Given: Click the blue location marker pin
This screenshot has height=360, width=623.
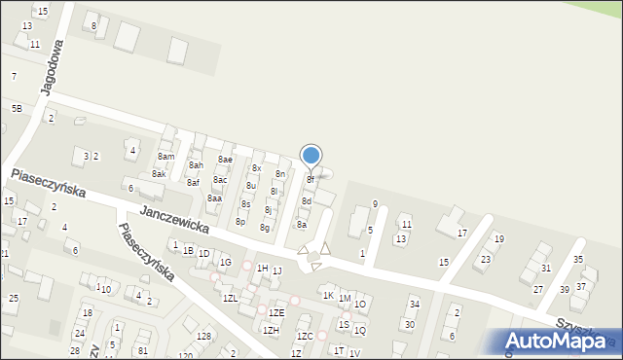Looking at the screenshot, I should (x=311, y=156).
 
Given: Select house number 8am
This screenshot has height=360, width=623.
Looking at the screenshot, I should (x=166, y=157).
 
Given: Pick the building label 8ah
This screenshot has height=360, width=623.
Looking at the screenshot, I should (x=196, y=165).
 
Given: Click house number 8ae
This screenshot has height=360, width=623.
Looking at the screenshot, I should (x=225, y=160).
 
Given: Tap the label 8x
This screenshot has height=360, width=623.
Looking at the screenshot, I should (x=257, y=168).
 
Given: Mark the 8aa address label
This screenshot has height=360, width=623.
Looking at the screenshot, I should (x=214, y=198).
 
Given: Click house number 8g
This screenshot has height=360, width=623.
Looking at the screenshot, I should (x=265, y=228).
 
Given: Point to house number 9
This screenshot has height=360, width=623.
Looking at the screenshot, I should (x=375, y=204).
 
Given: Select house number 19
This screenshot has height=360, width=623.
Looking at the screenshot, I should (x=499, y=239).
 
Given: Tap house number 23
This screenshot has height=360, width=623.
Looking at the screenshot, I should (x=485, y=260).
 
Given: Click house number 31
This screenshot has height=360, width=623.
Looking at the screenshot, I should (x=546, y=269).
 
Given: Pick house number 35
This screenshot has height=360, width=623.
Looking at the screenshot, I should (x=578, y=260).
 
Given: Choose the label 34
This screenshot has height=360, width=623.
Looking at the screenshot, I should (x=414, y=305).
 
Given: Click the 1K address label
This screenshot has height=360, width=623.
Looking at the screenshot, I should (x=329, y=296).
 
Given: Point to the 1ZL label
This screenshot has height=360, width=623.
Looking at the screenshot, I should (x=231, y=298).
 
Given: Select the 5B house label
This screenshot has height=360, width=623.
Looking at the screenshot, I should (x=17, y=108).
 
